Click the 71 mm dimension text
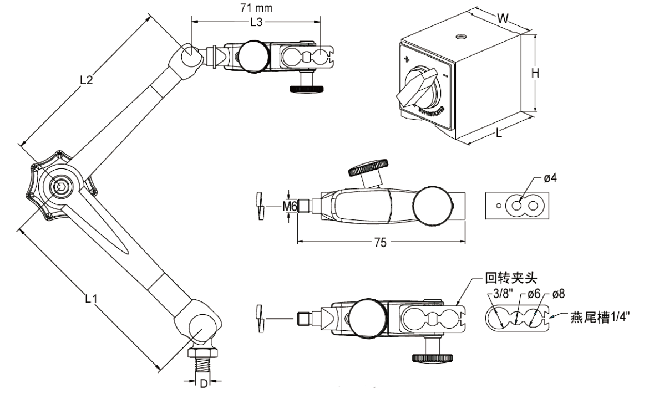pyautogui.click(x=256, y=8)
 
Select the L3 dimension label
pyautogui.click(x=256, y=23)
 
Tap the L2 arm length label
pyautogui.click(x=86, y=79)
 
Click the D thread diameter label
pyautogui.click(x=204, y=383)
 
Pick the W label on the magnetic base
pyautogui.click(x=503, y=18)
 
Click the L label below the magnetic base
pyautogui.click(x=499, y=134)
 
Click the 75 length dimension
pyautogui.click(x=381, y=242)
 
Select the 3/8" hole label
pyautogui.click(x=500, y=294)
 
